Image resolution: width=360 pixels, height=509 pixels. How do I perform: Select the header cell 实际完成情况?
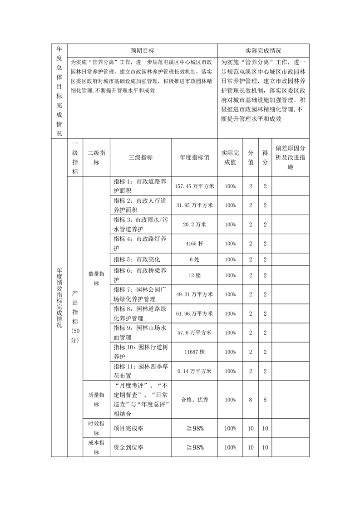(263, 51)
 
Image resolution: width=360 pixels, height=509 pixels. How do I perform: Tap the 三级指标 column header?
(140, 157)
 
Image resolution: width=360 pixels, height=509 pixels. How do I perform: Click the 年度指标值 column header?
(194, 157)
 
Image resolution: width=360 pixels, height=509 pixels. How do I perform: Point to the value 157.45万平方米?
(194, 186)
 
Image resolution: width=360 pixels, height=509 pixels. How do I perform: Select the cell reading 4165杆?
(194, 244)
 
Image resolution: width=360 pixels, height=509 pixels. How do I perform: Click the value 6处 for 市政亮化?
(194, 259)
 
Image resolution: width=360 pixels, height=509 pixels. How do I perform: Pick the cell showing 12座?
(194, 275)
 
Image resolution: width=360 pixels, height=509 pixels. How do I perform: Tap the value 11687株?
(194, 352)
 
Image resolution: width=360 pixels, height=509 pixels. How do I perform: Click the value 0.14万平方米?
(194, 371)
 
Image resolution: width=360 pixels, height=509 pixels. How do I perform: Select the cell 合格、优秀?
(194, 400)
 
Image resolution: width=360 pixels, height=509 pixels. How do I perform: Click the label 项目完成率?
(128, 428)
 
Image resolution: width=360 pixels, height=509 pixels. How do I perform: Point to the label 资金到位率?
(128, 447)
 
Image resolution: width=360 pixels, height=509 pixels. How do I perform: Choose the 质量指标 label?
(96, 400)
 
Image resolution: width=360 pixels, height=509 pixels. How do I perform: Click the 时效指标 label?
(96, 428)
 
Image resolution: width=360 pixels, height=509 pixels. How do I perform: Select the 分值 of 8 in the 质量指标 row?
(250, 400)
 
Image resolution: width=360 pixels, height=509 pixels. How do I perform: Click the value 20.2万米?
(194, 225)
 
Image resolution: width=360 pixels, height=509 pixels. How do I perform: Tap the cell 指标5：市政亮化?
(137, 259)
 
